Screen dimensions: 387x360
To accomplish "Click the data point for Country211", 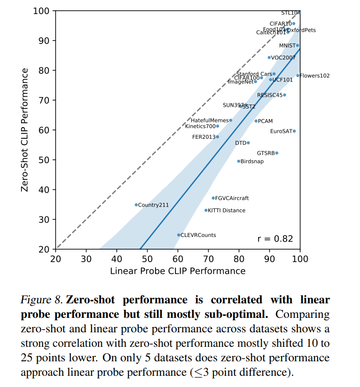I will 136,205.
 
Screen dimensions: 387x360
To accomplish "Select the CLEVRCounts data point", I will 178,235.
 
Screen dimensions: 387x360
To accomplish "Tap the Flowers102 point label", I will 315,76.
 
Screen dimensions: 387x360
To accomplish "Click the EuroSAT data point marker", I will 294,131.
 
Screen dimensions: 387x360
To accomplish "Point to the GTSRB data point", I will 276,153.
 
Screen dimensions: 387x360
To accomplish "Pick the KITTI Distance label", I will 226,210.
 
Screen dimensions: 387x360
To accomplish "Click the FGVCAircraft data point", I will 213,198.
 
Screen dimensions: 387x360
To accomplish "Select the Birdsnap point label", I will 252,161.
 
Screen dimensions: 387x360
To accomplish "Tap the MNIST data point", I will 297,45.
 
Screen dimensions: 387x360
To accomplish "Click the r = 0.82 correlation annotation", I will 275,239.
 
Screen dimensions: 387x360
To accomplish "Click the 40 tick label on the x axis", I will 117,258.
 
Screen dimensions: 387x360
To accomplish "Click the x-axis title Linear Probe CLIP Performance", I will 178,271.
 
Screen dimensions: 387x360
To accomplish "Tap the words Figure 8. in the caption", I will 41,300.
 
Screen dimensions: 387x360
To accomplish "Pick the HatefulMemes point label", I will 210,120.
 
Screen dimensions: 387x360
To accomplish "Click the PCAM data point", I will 256,121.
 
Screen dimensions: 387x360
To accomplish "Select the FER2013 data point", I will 218,137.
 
